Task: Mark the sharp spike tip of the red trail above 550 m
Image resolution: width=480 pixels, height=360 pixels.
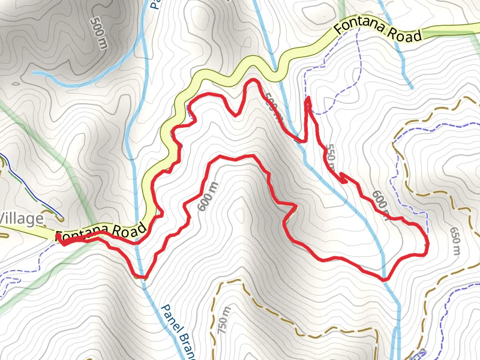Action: point(308,98)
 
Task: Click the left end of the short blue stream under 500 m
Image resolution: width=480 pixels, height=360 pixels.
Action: point(34,73)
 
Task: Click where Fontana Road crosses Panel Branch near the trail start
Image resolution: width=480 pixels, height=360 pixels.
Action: point(137,238)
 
